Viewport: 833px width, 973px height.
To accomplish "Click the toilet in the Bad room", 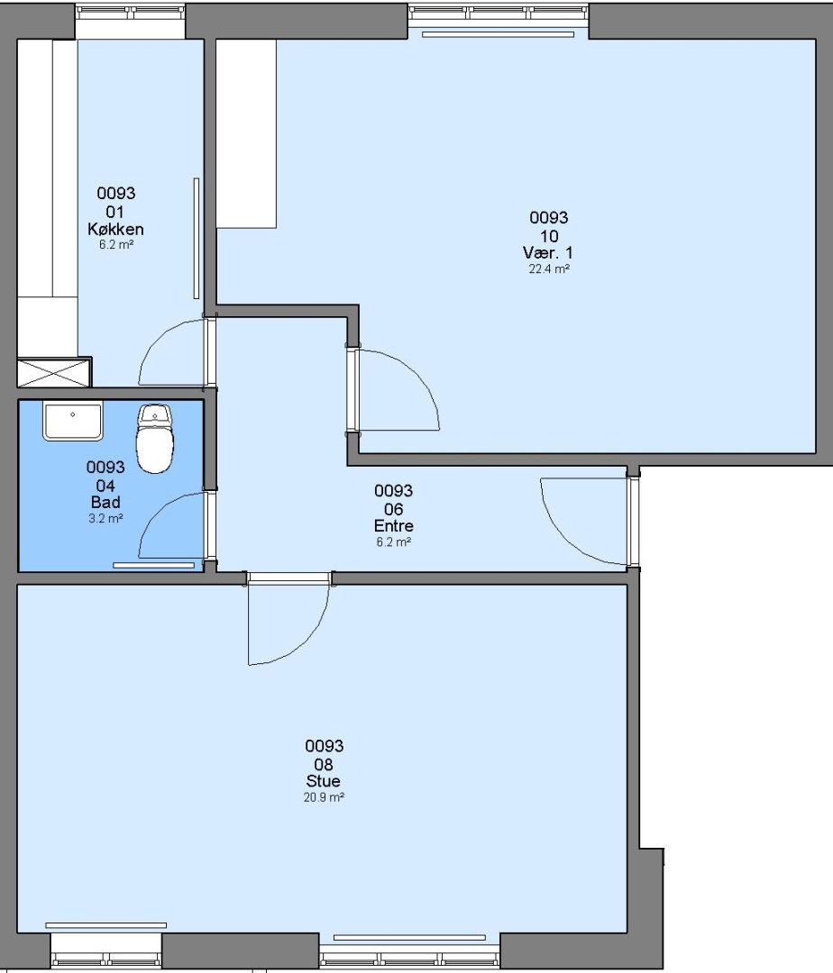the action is pos(154,439).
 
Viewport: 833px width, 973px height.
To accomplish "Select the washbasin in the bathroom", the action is pos(73,421).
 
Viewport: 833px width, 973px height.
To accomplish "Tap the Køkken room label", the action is pos(115,229).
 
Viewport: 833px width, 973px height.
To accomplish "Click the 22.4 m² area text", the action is pos(549,269).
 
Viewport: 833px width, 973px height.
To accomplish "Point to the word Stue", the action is pos(324,780).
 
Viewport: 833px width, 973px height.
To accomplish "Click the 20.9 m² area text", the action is pos(324,797).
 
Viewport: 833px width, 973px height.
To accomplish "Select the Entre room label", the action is pos(394,525).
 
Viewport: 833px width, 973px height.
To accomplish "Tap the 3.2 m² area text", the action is pos(105,519).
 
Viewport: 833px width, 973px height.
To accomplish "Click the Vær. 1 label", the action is pos(548,252).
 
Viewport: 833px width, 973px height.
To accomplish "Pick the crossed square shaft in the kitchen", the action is pos(54,372).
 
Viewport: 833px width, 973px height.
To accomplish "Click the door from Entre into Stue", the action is pos(288,621).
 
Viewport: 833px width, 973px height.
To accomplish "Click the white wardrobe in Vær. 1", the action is pos(246,133).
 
